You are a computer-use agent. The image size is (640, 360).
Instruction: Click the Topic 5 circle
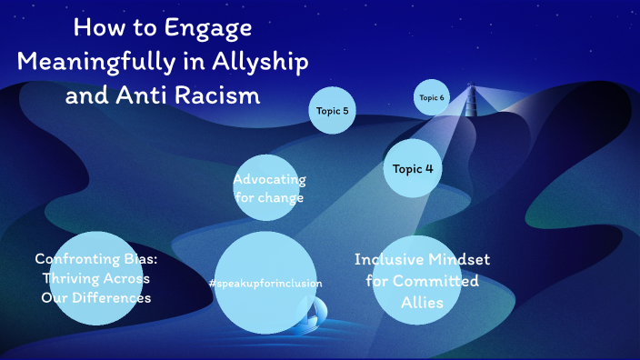click(x=332, y=111)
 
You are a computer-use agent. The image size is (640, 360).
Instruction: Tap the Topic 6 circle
click(x=432, y=98)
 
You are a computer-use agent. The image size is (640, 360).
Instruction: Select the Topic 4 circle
click(x=413, y=168)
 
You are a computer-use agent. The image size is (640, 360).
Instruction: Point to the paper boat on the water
click(x=312, y=315)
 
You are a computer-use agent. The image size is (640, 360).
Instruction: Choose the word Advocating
click(x=269, y=178)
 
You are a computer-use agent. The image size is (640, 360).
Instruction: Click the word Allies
click(x=422, y=303)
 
